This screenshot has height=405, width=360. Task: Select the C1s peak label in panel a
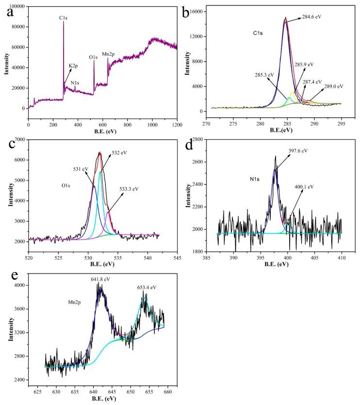[x=63, y=18]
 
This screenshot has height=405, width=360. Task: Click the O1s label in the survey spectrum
[x=93, y=57]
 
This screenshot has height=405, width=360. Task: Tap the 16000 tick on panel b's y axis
[x=198, y=12]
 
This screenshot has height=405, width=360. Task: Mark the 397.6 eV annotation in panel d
[x=297, y=151]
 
